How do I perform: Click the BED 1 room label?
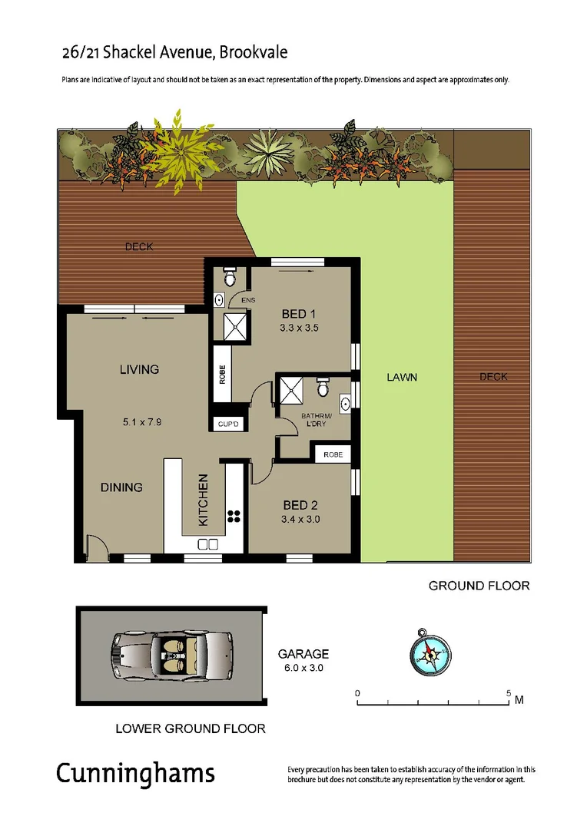tap(299, 314)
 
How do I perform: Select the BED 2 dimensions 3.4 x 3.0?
tap(301, 519)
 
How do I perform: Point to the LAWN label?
tap(401, 378)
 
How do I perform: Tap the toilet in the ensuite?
tap(228, 274)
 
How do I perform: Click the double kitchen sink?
tap(207, 544)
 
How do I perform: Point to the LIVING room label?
tap(139, 369)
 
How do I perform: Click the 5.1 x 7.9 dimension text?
tap(141, 421)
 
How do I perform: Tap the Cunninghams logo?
tap(135, 773)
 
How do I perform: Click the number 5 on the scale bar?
tap(509, 693)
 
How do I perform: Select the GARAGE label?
tap(303, 654)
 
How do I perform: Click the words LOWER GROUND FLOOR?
tap(190, 728)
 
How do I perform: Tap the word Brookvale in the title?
tap(254, 53)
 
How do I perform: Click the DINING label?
tap(121, 487)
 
